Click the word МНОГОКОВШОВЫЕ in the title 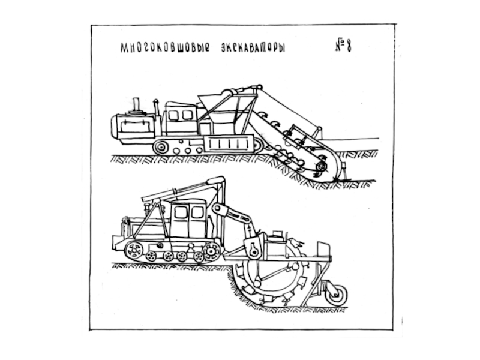158,47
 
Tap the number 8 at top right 347,46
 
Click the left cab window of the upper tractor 174,115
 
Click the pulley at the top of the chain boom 229,92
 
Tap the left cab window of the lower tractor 181,212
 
